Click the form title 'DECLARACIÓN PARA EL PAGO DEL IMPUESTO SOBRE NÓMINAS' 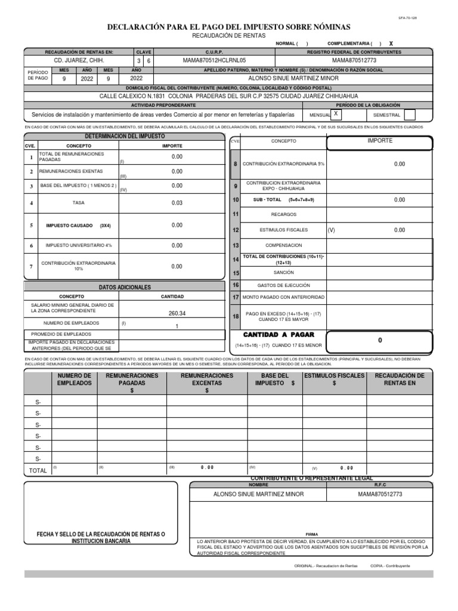click(228, 27)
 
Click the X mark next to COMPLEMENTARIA click(391, 44)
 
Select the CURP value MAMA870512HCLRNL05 click(213, 61)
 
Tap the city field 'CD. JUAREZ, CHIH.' click(79, 61)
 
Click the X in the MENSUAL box click(336, 113)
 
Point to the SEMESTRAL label click(386, 115)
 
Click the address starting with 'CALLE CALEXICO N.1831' click(228, 95)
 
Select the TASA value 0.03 click(177, 203)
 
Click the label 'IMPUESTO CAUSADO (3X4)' click(78, 226)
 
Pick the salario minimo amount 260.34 click(177, 313)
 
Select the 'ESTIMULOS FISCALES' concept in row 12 click(283, 230)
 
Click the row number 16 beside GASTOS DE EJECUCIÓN click(236, 285)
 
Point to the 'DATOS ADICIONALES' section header click(125, 287)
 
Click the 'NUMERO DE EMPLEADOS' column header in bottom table click(74, 379)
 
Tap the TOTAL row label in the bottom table click(38, 471)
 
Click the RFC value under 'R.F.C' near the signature click(380, 494)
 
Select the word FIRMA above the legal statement click(311, 535)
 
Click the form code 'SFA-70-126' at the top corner click(407, 18)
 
